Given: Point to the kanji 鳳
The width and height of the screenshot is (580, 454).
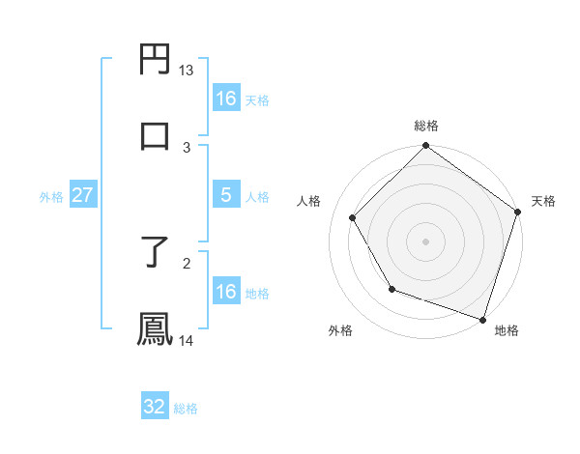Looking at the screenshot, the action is tap(155, 328).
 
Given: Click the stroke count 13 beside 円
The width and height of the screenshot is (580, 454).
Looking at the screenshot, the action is tap(186, 71).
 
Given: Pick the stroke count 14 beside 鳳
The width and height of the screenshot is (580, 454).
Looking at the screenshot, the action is tap(186, 340).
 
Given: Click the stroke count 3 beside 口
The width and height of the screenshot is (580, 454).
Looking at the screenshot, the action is tap(187, 147).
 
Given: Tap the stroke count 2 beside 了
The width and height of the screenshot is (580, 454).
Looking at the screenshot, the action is tap(187, 261).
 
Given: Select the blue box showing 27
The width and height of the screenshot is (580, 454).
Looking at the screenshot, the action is tap(82, 195).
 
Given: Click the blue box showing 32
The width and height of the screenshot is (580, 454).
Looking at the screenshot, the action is tap(155, 407).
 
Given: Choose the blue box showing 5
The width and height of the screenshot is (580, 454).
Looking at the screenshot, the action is tap(225, 195).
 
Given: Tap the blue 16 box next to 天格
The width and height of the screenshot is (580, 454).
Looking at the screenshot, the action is tap(225, 99).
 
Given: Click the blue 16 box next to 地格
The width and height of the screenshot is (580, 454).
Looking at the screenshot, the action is tap(225, 292).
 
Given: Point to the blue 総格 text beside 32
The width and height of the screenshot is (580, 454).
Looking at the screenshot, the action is tap(186, 409).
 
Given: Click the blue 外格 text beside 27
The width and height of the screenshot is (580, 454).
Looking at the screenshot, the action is tap(51, 197).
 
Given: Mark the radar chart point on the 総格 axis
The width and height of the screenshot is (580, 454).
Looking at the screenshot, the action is tap(425, 147).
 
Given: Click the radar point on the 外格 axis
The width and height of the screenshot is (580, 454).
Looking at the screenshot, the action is tap(391, 289).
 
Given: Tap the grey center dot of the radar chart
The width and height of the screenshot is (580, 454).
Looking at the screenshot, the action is tap(425, 241).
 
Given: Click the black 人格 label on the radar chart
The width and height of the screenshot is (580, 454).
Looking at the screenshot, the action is tap(309, 201).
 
